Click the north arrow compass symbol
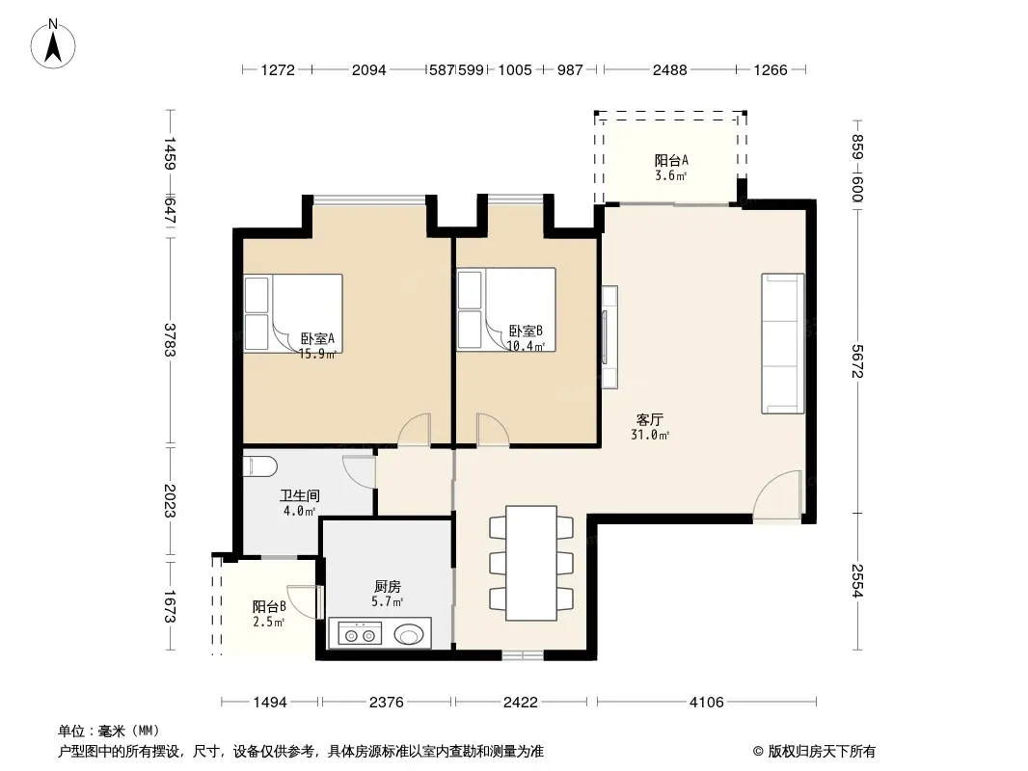[53, 44]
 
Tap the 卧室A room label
[318, 338]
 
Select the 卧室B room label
[526, 332]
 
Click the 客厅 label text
[650, 419]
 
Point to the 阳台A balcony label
[671, 161]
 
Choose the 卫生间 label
[300, 496]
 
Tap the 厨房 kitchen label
[388, 586]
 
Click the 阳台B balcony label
[269, 607]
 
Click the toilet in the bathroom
[260, 467]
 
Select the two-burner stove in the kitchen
[360, 634]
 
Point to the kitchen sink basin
[410, 634]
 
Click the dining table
[531, 563]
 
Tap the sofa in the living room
[783, 343]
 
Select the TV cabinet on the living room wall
[609, 336]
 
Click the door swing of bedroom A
[415, 430]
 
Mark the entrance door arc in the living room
[777, 496]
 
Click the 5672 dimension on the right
[857, 361]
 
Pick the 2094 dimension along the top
[369, 69]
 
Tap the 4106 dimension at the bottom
[707, 703]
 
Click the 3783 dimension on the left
[170, 340]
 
